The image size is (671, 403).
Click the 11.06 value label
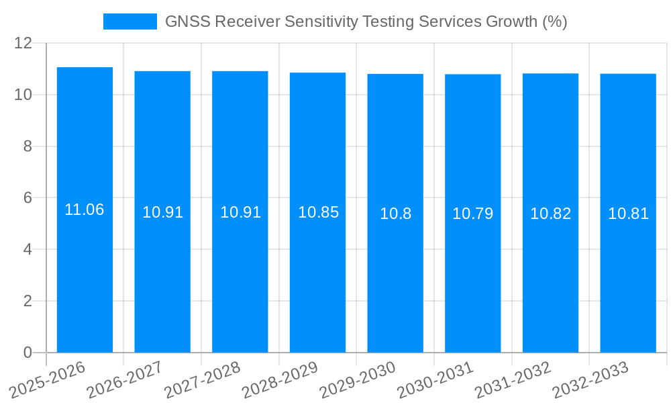pos(85,210)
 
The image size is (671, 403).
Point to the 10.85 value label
pos(318,213)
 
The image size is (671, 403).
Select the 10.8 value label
pos(395,214)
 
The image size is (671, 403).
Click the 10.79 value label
pos(472,214)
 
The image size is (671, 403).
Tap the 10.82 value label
pos(550,214)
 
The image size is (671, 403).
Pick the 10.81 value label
pos(628,214)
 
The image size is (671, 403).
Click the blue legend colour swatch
pos(130,21)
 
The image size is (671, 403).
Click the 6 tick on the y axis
pos(28,198)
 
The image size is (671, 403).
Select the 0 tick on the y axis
pos(28,353)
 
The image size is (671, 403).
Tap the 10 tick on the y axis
pos(23,95)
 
